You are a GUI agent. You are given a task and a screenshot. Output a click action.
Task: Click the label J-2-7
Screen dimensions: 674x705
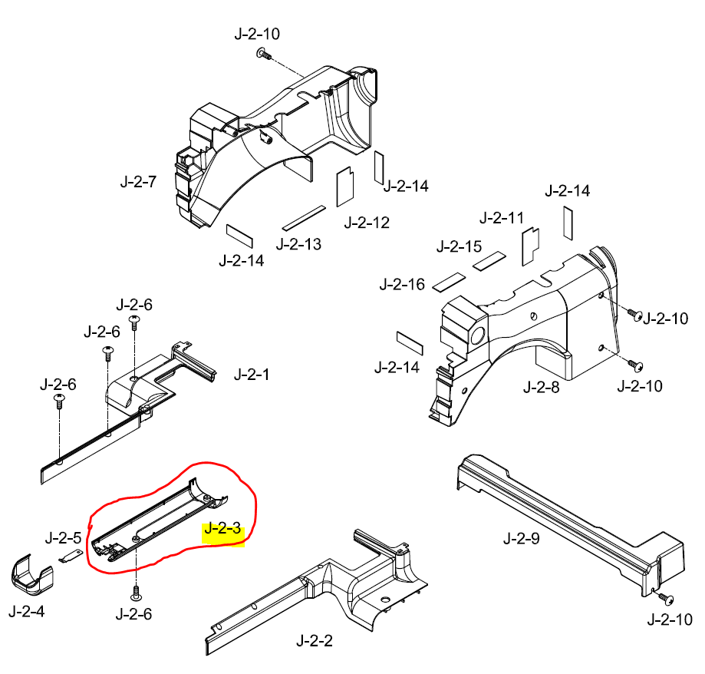(138, 182)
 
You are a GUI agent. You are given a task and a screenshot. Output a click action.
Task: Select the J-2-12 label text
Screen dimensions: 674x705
(367, 223)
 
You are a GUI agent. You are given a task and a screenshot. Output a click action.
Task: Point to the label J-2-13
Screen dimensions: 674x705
(298, 244)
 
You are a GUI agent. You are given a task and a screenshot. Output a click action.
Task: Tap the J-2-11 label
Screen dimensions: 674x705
(501, 217)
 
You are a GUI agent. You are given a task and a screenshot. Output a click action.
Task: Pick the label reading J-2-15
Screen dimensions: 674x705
(459, 246)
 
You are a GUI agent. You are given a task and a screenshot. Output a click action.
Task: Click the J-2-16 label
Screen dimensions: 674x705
(402, 285)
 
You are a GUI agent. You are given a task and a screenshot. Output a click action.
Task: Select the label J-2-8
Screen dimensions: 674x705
(542, 387)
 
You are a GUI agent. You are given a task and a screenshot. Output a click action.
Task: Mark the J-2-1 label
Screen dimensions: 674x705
(252, 375)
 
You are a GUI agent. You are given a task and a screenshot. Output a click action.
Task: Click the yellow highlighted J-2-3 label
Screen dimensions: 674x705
(223, 528)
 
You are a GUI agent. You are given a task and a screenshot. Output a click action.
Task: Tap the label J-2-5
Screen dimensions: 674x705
(63, 535)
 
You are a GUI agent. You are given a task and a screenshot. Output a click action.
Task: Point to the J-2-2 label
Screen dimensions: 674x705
(315, 640)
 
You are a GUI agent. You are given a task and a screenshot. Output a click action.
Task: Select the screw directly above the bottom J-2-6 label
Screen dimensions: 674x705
(137, 592)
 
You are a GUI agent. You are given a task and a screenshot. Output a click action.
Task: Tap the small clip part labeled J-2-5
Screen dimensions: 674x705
(71, 557)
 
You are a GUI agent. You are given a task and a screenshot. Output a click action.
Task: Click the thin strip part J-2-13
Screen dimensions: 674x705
(304, 218)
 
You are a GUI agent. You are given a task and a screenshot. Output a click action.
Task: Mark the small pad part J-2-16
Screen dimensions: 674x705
(449, 280)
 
